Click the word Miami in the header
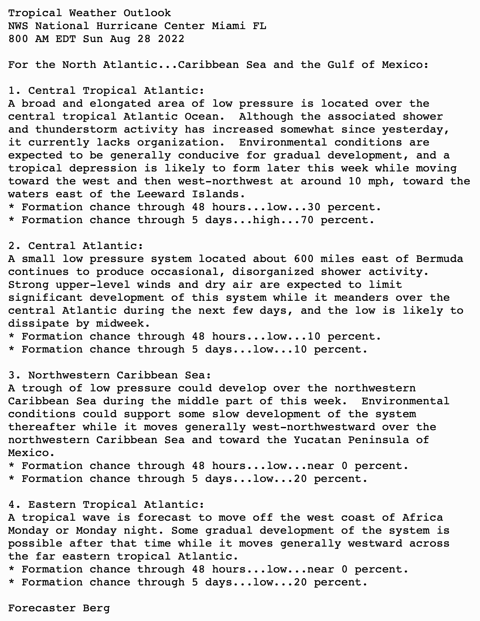tap(229, 26)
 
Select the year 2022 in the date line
tap(171, 39)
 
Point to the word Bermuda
tap(439, 259)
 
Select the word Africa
tap(422, 517)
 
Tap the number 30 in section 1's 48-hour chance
tap(314, 207)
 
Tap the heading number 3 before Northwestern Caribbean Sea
tap(12, 375)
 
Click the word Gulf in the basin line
tap(341, 65)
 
